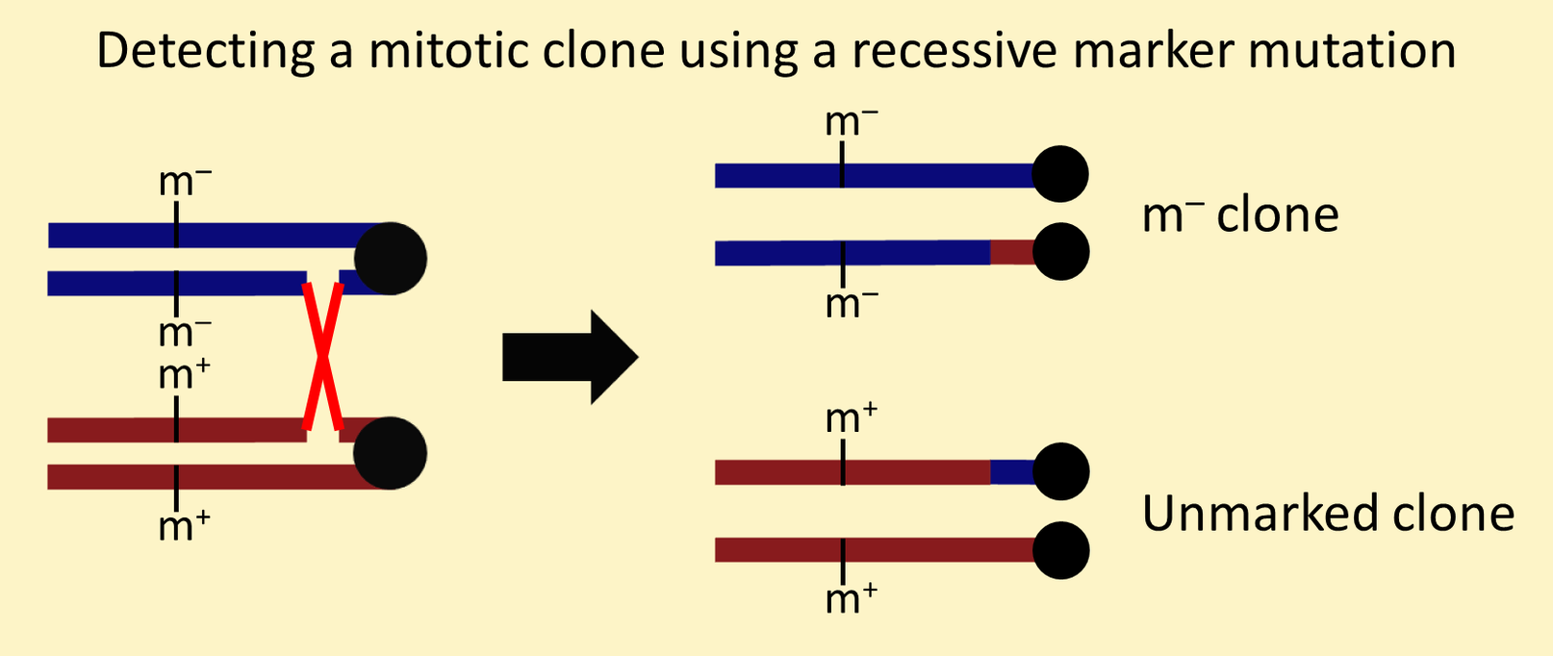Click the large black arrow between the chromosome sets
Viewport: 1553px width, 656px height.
point(570,358)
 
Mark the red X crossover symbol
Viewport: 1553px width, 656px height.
point(323,357)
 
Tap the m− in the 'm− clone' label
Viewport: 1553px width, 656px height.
point(1174,215)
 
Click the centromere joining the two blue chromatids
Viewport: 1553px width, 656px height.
point(391,259)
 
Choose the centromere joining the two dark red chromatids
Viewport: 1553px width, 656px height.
point(391,453)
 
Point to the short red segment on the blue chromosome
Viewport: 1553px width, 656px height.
point(1012,253)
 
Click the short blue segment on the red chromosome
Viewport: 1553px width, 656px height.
point(1012,472)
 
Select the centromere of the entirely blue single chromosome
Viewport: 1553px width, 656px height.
point(1060,174)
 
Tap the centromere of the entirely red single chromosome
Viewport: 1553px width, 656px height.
point(1060,551)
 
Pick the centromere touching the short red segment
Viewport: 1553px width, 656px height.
point(1060,251)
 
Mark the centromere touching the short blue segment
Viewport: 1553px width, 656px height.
point(1060,471)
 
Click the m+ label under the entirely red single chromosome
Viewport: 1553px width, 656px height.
point(852,598)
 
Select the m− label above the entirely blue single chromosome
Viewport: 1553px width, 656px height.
point(852,122)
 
